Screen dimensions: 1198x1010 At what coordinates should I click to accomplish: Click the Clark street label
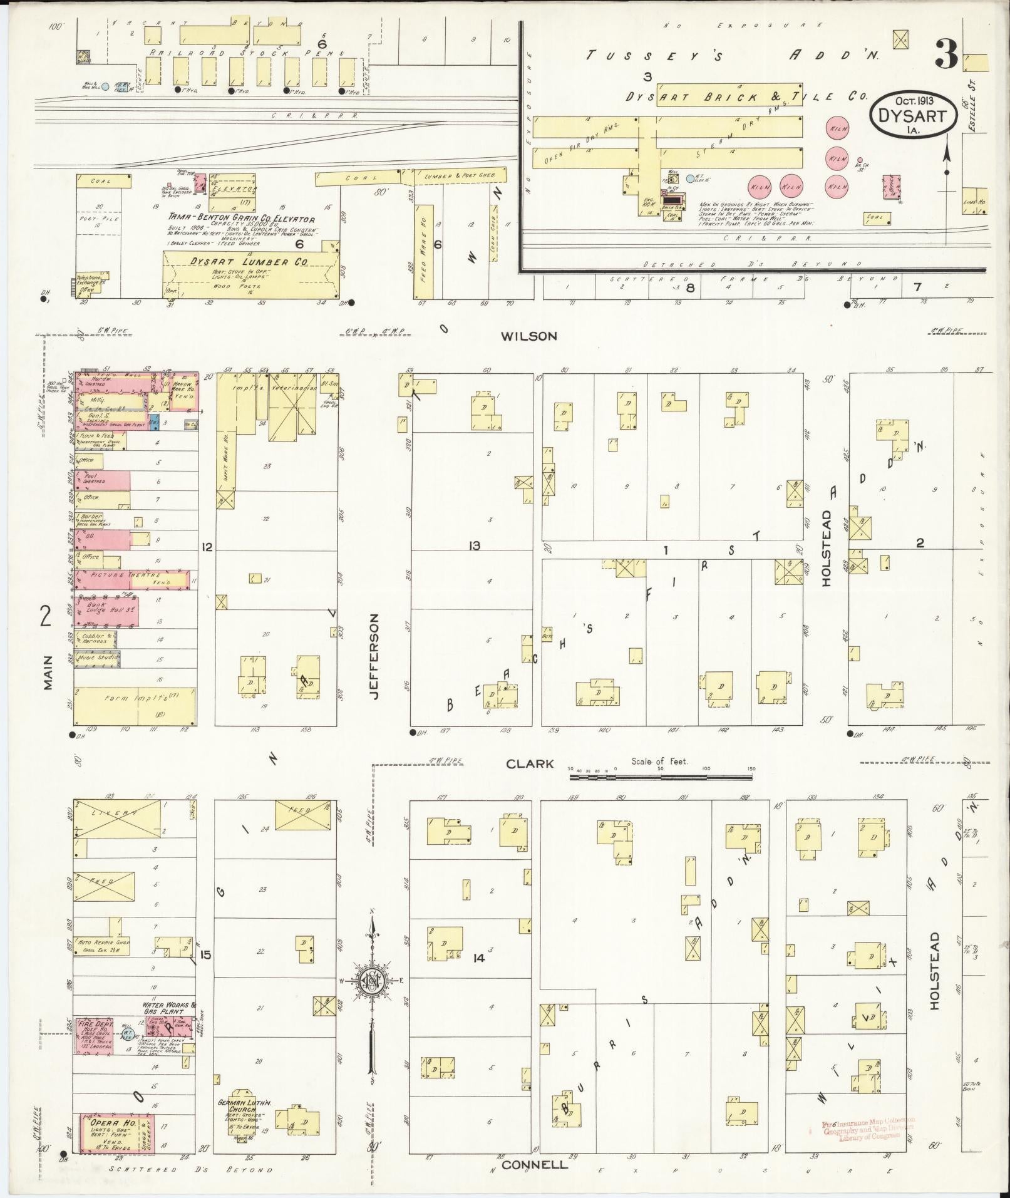[x=530, y=763]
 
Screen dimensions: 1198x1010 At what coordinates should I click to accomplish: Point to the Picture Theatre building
[x=125, y=578]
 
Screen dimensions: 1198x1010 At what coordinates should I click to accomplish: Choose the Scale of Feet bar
[x=661, y=777]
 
